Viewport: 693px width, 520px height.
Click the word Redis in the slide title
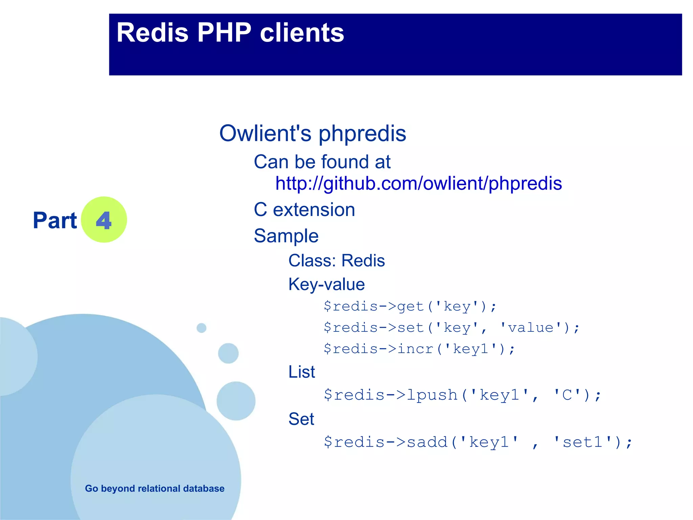pos(152,33)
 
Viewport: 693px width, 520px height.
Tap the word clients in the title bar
pos(302,33)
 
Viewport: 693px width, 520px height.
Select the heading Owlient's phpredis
pos(312,133)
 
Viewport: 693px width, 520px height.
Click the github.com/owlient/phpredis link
pos(419,183)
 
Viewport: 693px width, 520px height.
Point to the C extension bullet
pos(304,210)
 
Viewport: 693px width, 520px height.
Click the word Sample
pos(286,236)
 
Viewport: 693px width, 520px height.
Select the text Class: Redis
pos(336,261)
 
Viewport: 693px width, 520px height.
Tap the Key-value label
pos(326,284)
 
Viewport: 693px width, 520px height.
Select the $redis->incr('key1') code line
pos(419,349)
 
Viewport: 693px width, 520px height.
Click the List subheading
pos(301,372)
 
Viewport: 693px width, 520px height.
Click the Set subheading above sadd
pos(301,419)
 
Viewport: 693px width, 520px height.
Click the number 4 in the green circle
pos(104,220)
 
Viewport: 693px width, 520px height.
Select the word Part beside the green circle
pos(55,220)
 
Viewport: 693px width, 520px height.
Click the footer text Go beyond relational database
pos(155,489)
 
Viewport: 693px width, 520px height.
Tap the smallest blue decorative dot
pos(201,328)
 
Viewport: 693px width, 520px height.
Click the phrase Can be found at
pos(322,162)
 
